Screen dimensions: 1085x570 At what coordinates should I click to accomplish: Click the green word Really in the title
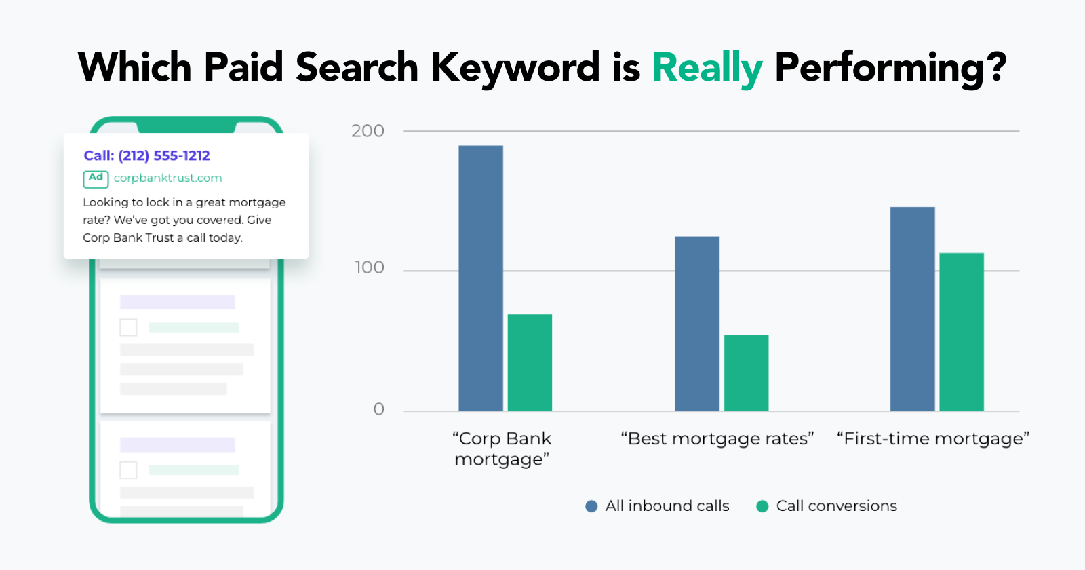point(708,68)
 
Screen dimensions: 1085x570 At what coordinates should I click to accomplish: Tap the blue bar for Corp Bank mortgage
point(481,278)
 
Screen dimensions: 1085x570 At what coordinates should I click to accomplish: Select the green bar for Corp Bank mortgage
point(530,362)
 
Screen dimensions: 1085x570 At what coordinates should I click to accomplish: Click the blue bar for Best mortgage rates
point(697,324)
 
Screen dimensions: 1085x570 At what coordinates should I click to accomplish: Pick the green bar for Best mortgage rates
point(747,373)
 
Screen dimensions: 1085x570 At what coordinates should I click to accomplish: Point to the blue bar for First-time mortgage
point(913,309)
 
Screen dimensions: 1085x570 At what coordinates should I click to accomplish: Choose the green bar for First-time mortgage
point(962,332)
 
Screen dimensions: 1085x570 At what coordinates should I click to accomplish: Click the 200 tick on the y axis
point(368,131)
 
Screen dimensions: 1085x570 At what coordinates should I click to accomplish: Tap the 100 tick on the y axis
point(369,267)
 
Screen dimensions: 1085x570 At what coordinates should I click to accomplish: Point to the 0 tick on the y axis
point(379,409)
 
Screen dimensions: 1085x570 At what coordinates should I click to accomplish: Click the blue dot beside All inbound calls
point(591,506)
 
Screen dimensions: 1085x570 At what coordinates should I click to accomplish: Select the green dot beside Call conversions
point(762,506)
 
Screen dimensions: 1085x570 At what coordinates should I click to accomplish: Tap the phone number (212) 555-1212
point(164,155)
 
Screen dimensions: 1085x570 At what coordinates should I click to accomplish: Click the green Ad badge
point(96,179)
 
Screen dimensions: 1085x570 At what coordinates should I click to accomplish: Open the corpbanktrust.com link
point(167,178)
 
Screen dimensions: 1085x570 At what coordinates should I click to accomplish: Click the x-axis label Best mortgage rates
point(717,438)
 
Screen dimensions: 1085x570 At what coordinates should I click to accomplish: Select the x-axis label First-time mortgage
point(933,438)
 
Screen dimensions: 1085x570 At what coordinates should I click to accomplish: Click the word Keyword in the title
point(515,68)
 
